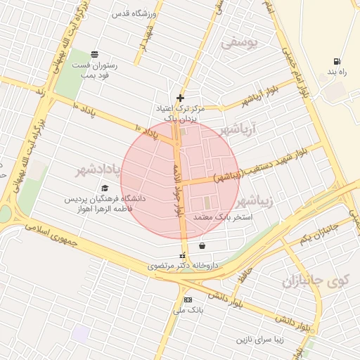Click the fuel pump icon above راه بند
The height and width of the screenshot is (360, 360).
(338, 60)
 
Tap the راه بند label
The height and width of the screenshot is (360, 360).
(338, 72)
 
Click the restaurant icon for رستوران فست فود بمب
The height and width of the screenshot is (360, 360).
(95, 55)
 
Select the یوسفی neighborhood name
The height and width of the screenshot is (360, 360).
(240, 43)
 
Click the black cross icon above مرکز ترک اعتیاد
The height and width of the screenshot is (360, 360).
(181, 98)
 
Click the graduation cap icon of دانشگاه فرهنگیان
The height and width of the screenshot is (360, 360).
(105, 188)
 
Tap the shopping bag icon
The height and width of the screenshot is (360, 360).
(202, 246)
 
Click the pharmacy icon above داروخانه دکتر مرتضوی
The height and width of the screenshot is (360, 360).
(184, 255)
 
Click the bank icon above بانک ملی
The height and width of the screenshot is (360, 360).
(188, 300)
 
